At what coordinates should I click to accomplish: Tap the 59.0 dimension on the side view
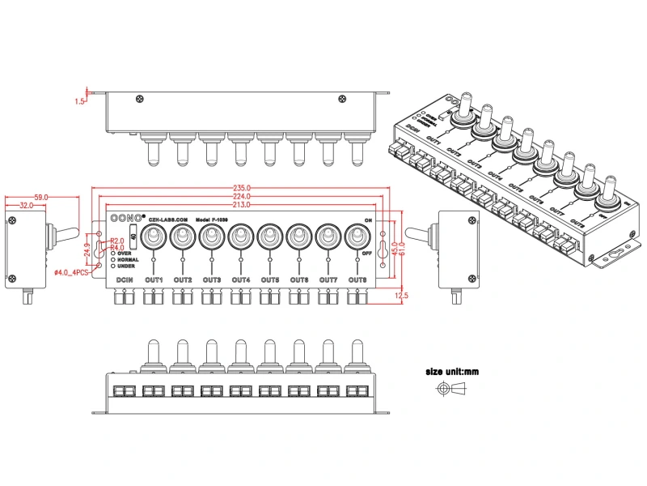pyautogui.click(x=40, y=197)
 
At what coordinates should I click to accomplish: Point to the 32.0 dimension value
pyautogui.click(x=26, y=207)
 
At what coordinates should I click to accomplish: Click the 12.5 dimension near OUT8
pyautogui.click(x=401, y=296)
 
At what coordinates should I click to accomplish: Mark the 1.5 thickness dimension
pyautogui.click(x=79, y=101)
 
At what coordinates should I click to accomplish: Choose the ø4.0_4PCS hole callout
pyautogui.click(x=71, y=273)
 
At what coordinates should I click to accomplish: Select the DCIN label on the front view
pyautogui.click(x=125, y=280)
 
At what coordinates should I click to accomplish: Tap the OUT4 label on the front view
pyautogui.click(x=240, y=280)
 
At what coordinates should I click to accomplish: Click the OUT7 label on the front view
pyautogui.click(x=328, y=280)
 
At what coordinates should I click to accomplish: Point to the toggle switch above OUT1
pyautogui.click(x=153, y=238)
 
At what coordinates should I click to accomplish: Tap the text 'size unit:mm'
pyautogui.click(x=453, y=372)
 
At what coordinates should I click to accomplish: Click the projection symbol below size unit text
pyautogui.click(x=453, y=389)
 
